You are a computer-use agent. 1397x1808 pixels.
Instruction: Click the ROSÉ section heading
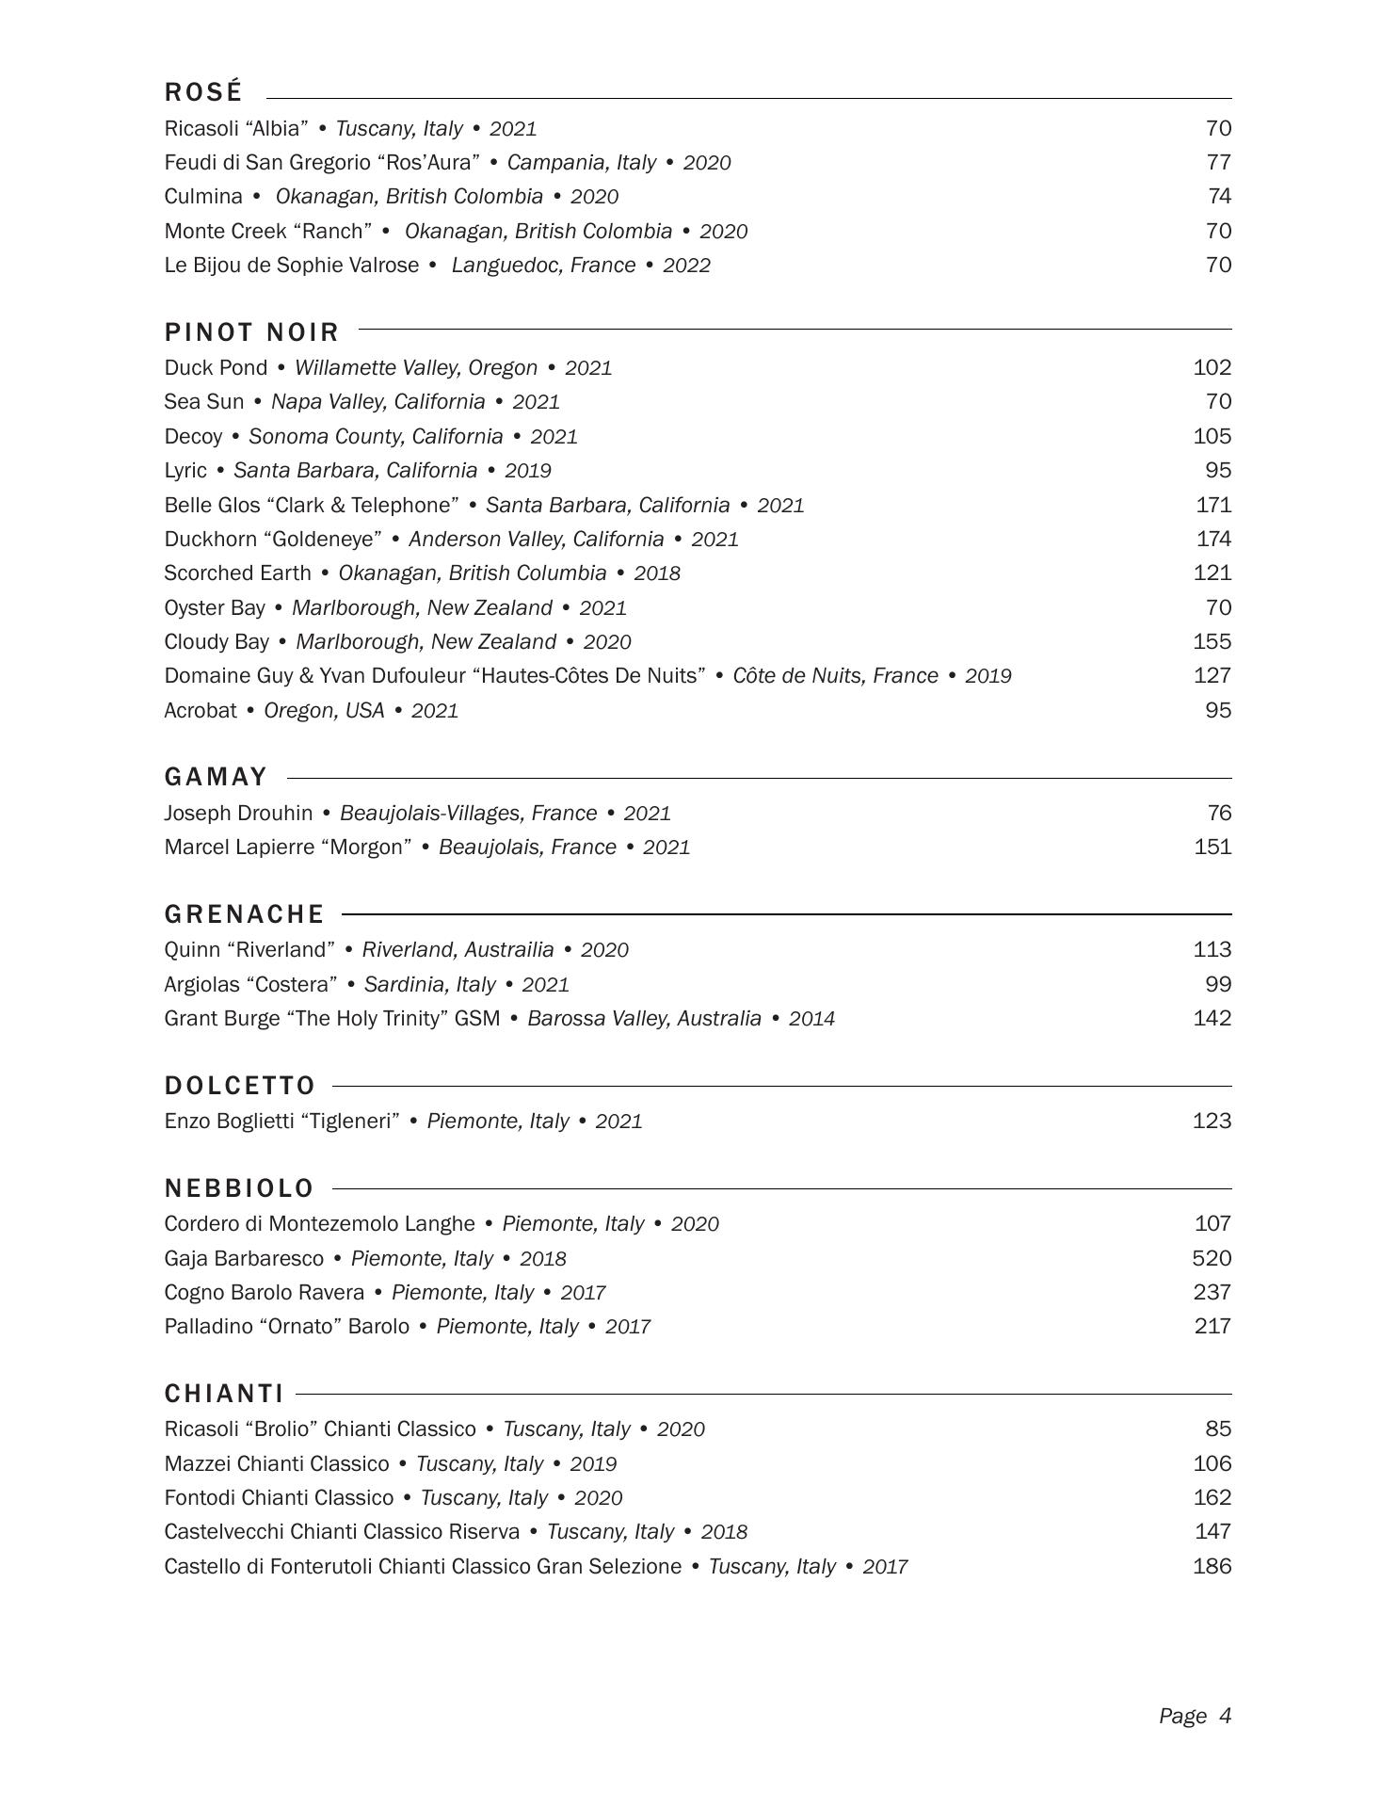coord(203,92)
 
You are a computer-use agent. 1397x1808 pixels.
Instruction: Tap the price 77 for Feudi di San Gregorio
coord(1218,162)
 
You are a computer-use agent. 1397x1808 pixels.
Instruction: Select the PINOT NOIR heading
coord(251,332)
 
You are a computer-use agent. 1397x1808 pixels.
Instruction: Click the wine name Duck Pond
coord(216,367)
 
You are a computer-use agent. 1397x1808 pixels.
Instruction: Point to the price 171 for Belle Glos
coord(1213,505)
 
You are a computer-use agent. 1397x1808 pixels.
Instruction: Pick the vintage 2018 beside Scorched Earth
coord(657,573)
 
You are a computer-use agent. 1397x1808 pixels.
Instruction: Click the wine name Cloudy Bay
coord(217,641)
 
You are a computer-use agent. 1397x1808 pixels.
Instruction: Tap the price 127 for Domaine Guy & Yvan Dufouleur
coord(1212,675)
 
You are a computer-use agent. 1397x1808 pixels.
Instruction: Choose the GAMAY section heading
coord(217,777)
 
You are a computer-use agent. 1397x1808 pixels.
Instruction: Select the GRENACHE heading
coord(244,914)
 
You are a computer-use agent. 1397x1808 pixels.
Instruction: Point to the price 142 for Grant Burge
coord(1212,1018)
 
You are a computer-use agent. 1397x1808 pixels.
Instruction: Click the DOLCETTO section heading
coord(240,1086)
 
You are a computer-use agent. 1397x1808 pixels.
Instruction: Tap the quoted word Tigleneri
coord(349,1121)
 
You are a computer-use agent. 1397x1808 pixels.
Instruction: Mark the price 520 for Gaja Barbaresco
coord(1212,1258)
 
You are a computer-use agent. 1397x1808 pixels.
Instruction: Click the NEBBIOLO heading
coord(239,1188)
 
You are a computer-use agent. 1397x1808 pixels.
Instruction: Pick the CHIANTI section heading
coord(224,1394)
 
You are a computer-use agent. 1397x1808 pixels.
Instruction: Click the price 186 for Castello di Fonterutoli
coord(1212,1566)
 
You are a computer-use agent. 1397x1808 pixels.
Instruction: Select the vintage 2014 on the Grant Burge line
coord(811,1019)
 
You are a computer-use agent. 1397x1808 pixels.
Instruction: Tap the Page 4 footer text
coord(1195,1716)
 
